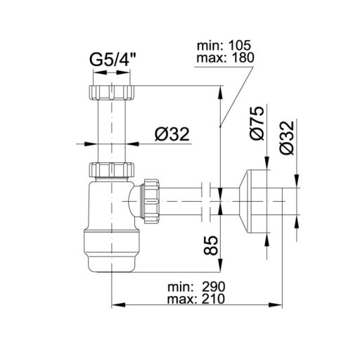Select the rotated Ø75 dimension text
coord(257,122)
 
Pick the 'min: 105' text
coord(226,46)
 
